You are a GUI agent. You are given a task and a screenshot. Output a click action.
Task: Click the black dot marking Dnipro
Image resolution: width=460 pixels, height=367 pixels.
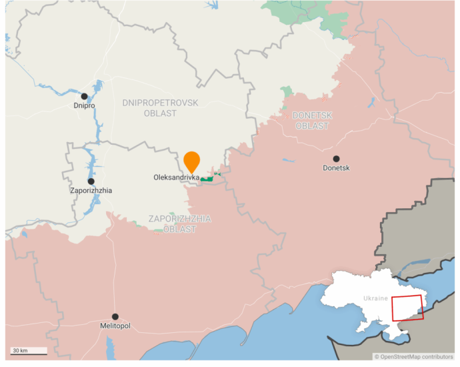point(85,97)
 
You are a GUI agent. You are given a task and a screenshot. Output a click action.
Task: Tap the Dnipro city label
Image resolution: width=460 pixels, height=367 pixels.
point(85,106)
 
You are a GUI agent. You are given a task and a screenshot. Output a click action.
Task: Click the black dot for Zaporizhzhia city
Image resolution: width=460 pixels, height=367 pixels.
point(91,181)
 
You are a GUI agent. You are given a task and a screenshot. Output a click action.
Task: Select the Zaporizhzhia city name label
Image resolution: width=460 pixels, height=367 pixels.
point(91,191)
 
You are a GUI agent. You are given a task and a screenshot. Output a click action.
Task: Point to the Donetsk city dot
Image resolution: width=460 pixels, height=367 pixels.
point(336,159)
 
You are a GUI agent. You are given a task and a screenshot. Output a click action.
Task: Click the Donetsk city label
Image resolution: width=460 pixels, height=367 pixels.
point(336,168)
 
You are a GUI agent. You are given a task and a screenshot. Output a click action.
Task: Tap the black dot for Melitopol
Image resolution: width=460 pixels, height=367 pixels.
point(115,316)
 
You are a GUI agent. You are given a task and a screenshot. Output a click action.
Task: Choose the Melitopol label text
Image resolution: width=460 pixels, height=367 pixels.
point(115,326)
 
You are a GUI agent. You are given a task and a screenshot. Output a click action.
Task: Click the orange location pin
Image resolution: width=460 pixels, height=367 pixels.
point(191,161)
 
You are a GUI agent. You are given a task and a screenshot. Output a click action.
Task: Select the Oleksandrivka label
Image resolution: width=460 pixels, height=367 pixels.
point(176,177)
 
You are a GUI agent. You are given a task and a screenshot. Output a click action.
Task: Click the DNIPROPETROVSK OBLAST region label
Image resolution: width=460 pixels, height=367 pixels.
point(160,107)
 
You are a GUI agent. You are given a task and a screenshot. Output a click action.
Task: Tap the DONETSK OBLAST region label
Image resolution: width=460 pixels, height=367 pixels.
point(312,120)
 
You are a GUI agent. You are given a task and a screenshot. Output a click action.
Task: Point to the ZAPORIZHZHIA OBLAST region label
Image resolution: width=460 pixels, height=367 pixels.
point(180,224)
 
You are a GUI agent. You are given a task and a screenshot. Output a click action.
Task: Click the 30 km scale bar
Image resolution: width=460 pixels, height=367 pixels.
point(28,350)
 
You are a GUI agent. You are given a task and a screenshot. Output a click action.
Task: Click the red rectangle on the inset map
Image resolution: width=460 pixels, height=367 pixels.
point(407,308)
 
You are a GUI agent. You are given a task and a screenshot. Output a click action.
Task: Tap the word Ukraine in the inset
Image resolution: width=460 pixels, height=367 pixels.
point(376,298)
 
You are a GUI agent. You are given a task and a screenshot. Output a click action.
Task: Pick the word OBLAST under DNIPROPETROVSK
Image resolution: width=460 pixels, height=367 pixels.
point(160,113)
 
